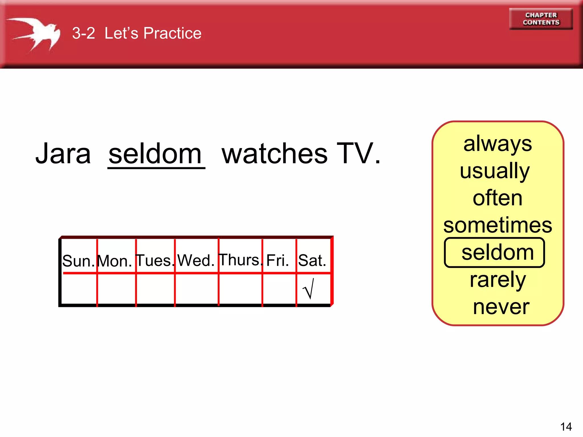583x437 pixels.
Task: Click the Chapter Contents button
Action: click(x=541, y=19)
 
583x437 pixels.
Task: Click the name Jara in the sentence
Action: click(x=63, y=154)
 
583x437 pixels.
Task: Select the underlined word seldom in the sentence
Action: click(x=155, y=154)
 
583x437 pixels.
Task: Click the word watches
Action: click(x=275, y=154)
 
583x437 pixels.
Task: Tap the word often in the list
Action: click(x=497, y=198)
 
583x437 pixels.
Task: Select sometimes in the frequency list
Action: click(x=498, y=225)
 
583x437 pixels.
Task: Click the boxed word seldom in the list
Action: click(x=497, y=252)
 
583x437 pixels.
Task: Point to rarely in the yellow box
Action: click(x=498, y=280)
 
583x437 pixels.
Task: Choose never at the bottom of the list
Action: click(x=501, y=307)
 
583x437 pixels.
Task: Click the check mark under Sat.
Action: click(x=309, y=289)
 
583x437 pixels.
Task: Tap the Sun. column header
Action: click(x=79, y=261)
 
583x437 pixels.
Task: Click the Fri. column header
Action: click(x=278, y=260)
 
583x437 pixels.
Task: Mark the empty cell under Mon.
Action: click(x=116, y=289)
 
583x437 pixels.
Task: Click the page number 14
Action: click(x=566, y=427)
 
